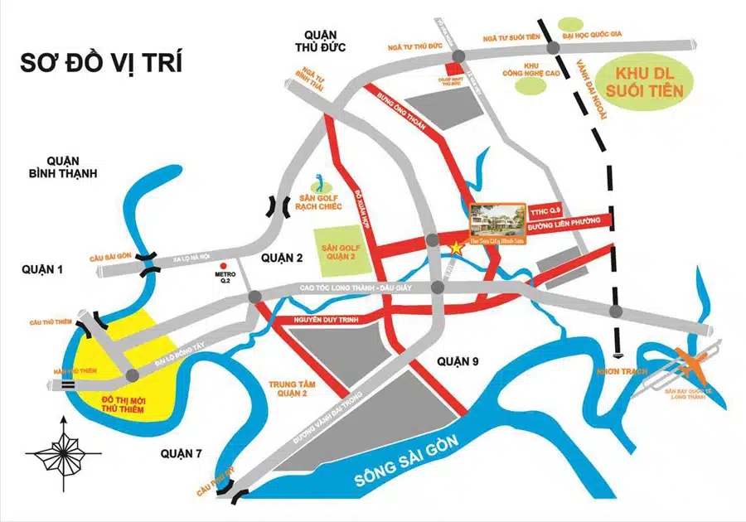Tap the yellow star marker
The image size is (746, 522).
pyautogui.click(x=454, y=247)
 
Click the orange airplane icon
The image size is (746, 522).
pyautogui.click(x=692, y=362)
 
